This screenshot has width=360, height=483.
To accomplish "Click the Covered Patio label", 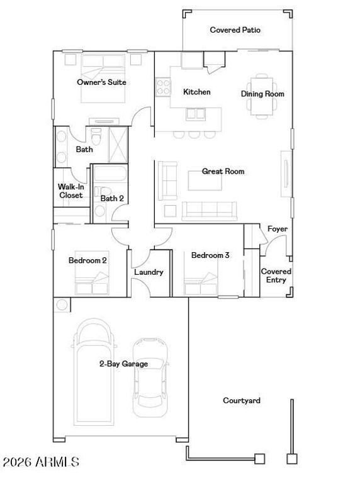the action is tap(235, 30).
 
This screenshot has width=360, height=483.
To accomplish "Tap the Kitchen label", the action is tap(196, 92).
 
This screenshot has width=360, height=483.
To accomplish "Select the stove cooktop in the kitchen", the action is tap(163, 87).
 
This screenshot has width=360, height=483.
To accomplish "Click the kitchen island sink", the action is tap(196, 114).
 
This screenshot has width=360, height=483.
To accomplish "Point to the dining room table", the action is tap(262, 96).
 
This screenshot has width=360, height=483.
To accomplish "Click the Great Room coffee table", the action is tap(205, 180).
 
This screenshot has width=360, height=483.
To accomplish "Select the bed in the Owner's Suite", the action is tap(103, 78).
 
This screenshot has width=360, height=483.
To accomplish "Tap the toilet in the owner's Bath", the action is tap(96, 136).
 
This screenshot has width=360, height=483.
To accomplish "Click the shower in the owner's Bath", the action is tap(118, 145).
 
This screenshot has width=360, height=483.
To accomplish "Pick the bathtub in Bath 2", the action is tap(110, 174).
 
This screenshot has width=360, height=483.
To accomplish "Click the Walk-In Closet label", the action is tap(71, 191).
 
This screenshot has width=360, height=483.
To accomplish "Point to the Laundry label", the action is tap(149, 272).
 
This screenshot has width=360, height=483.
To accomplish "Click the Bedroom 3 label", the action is tap(210, 255).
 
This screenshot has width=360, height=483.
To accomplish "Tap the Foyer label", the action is tap(278, 229).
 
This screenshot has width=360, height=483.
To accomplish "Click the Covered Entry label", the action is tap(276, 275).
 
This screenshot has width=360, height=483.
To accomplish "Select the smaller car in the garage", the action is tap(150, 377).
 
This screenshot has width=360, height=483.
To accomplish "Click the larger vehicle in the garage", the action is tap(94, 372).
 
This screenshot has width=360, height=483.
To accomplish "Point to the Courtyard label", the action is tap(242, 401).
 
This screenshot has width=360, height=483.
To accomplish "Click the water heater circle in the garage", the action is tap(62, 304).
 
